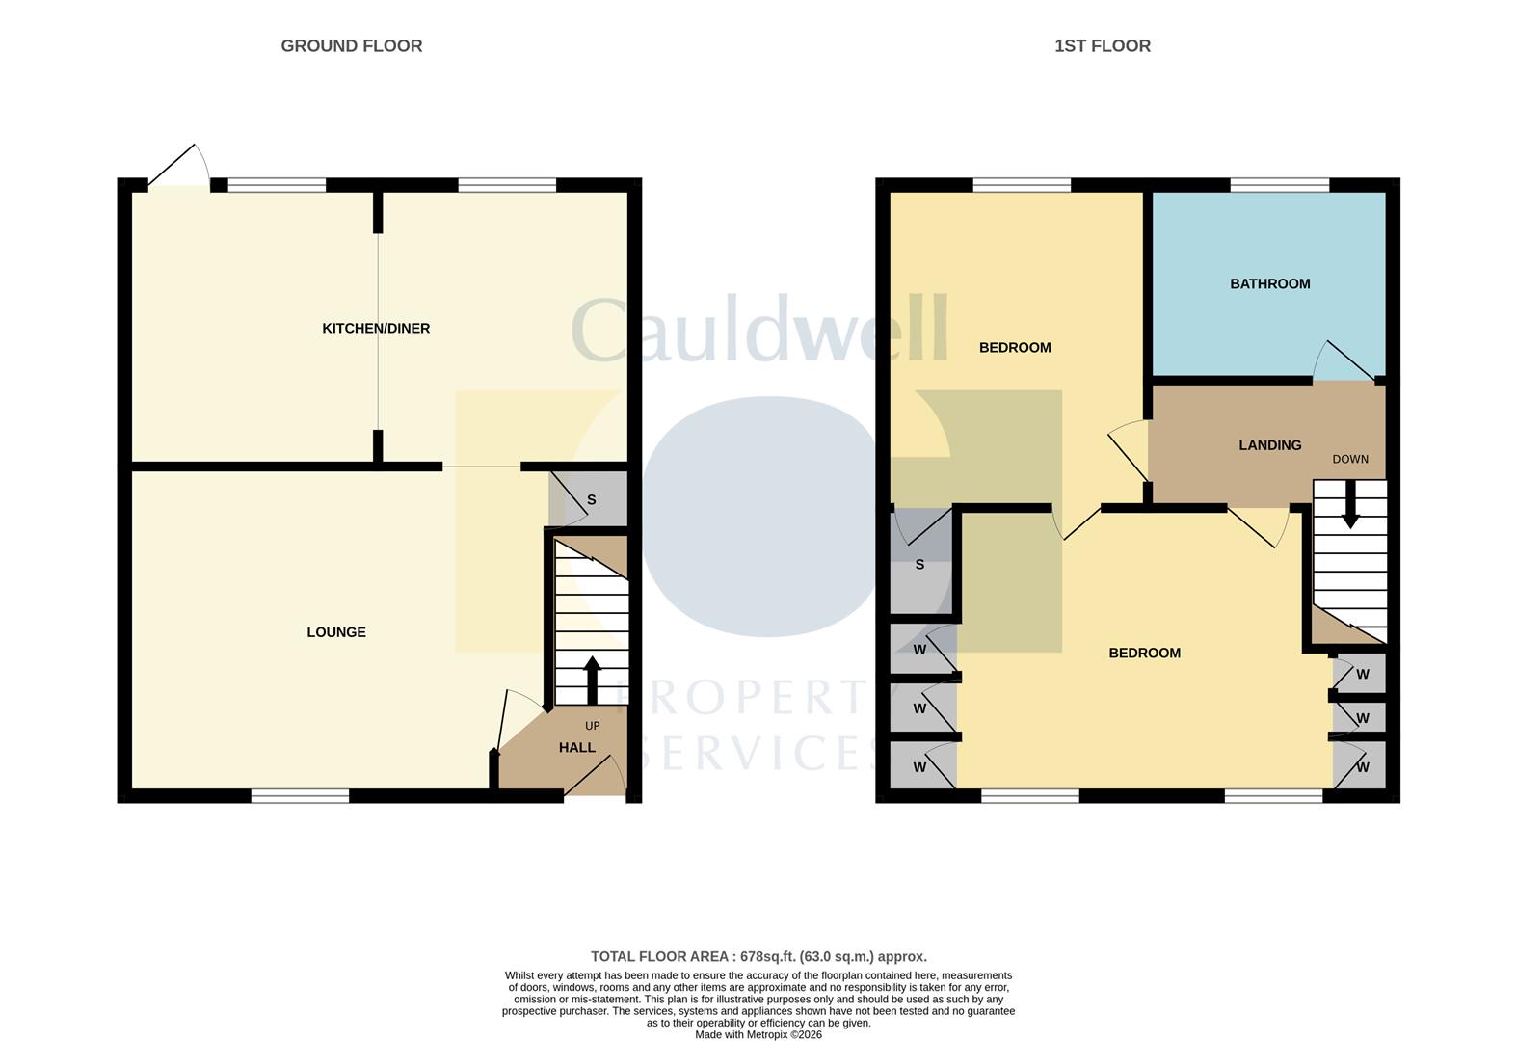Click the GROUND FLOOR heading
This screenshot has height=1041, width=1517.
pos(352,46)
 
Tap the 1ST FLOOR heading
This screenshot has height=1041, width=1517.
pos(1103,46)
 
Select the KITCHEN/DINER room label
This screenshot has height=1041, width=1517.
pos(376,329)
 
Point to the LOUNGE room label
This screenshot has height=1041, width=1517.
pos(336,632)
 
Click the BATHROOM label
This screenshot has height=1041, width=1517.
pos(1270,283)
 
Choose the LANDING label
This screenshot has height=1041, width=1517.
pos(1270,445)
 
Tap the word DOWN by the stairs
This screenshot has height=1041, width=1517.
pos(1350,459)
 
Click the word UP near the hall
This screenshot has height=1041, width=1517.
pos(593,726)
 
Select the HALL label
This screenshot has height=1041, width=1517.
pos(577,748)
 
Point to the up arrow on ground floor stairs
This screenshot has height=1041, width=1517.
pos(593,680)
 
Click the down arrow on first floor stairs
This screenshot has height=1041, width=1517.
pos(1350,504)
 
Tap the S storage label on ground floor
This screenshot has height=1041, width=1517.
pos(591,500)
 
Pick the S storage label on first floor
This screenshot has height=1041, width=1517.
pos(919,564)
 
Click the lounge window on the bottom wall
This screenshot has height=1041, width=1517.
pos(300,796)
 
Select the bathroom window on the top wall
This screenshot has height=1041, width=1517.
pos(1279,185)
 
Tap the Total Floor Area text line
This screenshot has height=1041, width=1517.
pos(758,956)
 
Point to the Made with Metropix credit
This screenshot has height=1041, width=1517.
pos(758,1035)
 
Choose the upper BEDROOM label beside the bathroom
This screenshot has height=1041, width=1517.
pos(1015,347)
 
